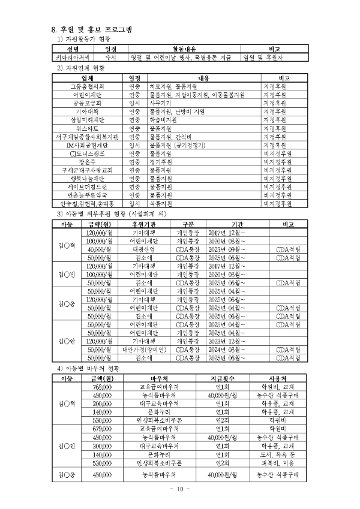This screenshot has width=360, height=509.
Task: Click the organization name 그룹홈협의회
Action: pos(87,86)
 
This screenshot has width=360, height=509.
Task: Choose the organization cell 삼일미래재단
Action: pos(87,120)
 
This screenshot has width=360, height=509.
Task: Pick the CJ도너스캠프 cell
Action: pos(87,153)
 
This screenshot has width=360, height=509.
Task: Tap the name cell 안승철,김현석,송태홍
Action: pos(87,204)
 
